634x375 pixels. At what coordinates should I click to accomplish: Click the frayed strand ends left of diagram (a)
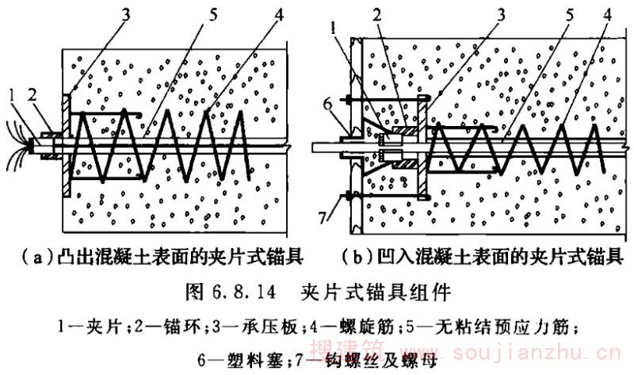pyautogui.click(x=15, y=147)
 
